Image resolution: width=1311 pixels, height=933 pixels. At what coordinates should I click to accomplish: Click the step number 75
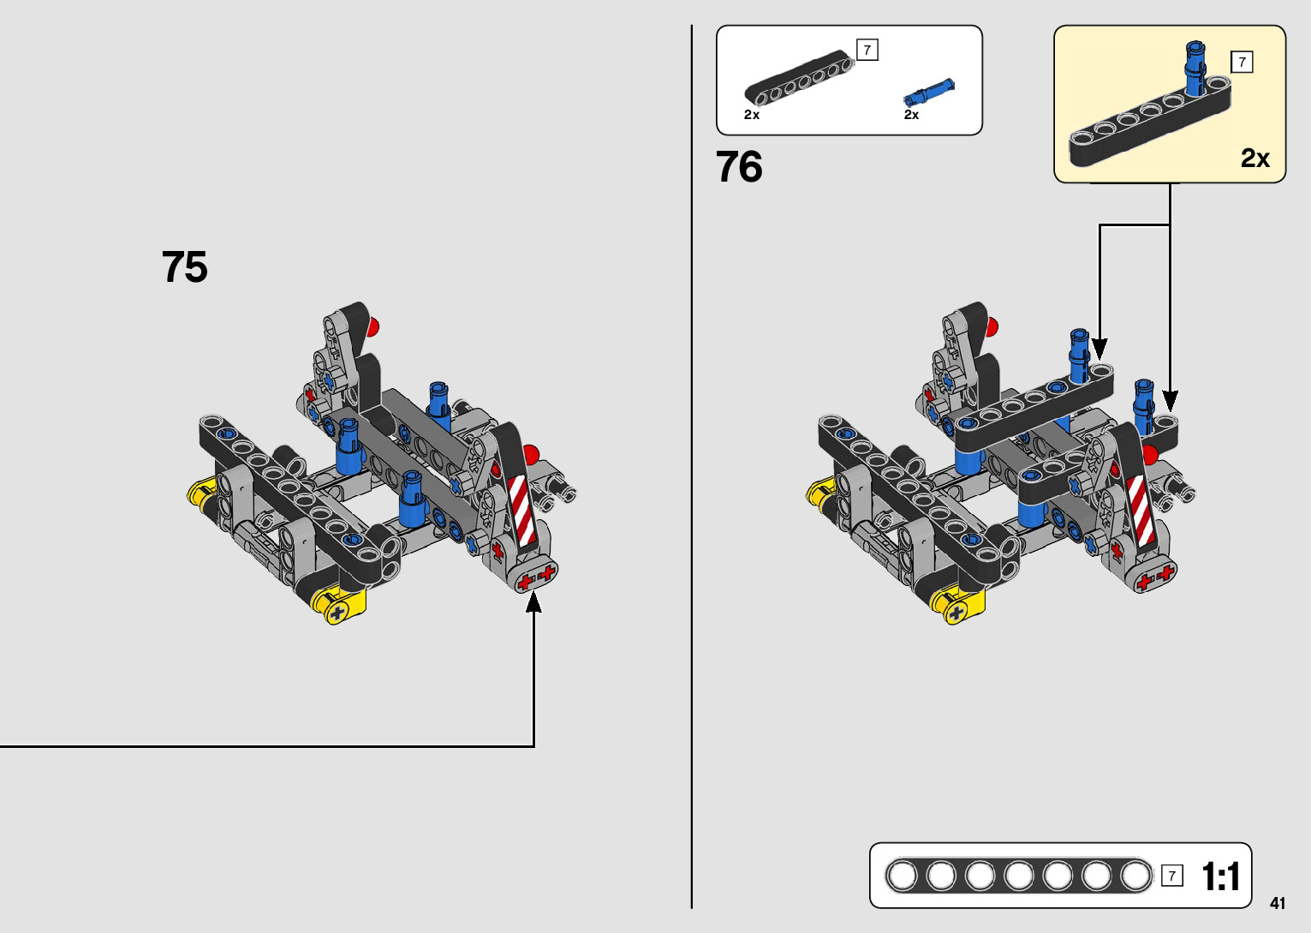[x=184, y=266]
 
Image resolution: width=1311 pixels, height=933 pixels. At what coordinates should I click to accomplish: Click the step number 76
[x=739, y=166]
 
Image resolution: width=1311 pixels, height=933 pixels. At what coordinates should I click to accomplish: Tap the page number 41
[x=1278, y=903]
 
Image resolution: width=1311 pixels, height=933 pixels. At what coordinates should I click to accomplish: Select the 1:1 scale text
[x=1220, y=876]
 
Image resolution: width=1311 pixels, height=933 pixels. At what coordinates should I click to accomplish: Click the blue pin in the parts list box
[x=929, y=93]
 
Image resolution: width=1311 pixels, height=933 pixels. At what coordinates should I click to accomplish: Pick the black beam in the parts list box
[x=799, y=78]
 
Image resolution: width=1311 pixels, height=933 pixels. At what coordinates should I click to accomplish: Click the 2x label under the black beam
[x=752, y=115]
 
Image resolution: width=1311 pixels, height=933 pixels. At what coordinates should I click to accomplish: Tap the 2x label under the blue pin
[x=911, y=115]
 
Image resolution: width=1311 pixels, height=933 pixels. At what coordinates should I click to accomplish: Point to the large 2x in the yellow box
[x=1254, y=158]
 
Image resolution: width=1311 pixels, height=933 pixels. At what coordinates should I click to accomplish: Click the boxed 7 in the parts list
[x=867, y=50]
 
